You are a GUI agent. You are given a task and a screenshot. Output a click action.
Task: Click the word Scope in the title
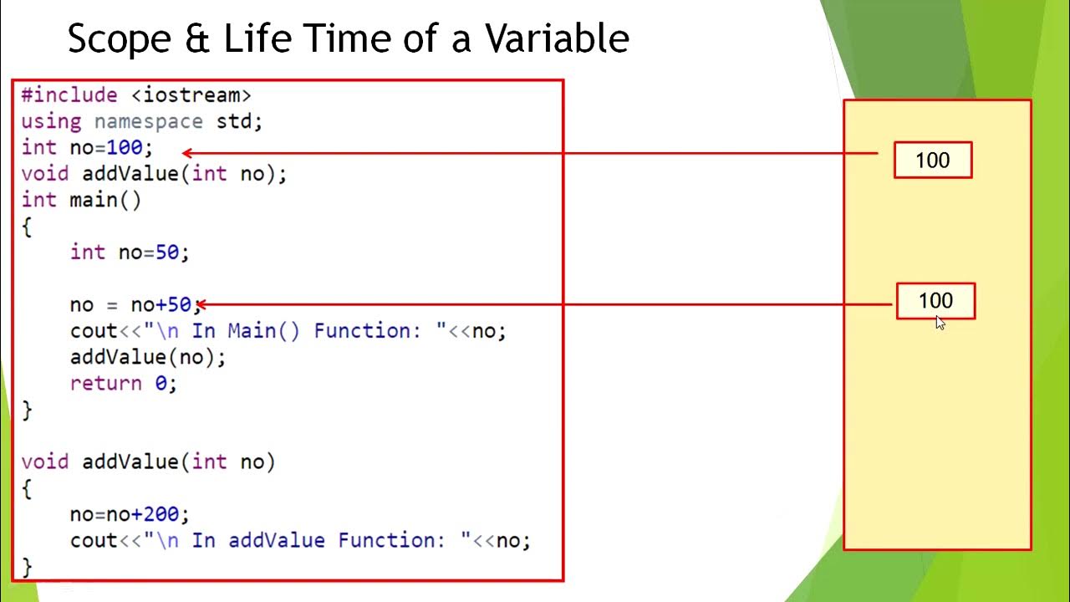pos(120,39)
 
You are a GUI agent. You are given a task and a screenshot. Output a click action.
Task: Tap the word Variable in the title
pos(557,38)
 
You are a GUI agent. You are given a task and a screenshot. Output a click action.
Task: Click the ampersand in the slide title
pos(196,38)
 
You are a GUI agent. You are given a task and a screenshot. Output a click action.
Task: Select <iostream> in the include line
pos(191,95)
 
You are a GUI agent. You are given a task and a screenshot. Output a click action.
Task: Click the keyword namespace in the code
pos(149,122)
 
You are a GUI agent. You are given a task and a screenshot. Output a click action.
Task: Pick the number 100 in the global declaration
pos(125,147)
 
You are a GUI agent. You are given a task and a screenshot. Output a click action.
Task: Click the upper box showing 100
pos(933,160)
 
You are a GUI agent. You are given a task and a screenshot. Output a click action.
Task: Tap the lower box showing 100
pos(935,301)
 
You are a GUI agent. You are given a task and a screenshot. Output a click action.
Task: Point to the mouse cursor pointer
pos(940,323)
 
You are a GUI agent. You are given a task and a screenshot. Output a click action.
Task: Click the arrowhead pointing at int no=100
pos(187,153)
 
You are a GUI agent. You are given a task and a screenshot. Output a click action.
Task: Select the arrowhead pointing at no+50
pos(201,304)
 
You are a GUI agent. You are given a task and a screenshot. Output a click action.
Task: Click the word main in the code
pos(94,200)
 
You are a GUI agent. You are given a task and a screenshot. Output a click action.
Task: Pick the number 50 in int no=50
pos(166,253)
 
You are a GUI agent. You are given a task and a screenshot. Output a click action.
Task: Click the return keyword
pos(106,383)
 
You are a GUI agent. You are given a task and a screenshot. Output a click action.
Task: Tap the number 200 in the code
pos(161,514)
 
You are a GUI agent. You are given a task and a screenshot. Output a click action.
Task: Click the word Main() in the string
pos(263,330)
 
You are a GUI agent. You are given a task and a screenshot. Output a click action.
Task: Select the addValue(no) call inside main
pos(148,357)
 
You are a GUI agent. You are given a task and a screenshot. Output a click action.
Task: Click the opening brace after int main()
pos(27,227)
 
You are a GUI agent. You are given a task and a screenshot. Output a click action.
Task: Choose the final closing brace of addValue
pos(27,568)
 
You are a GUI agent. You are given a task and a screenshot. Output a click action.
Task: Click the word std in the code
pos(233,121)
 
